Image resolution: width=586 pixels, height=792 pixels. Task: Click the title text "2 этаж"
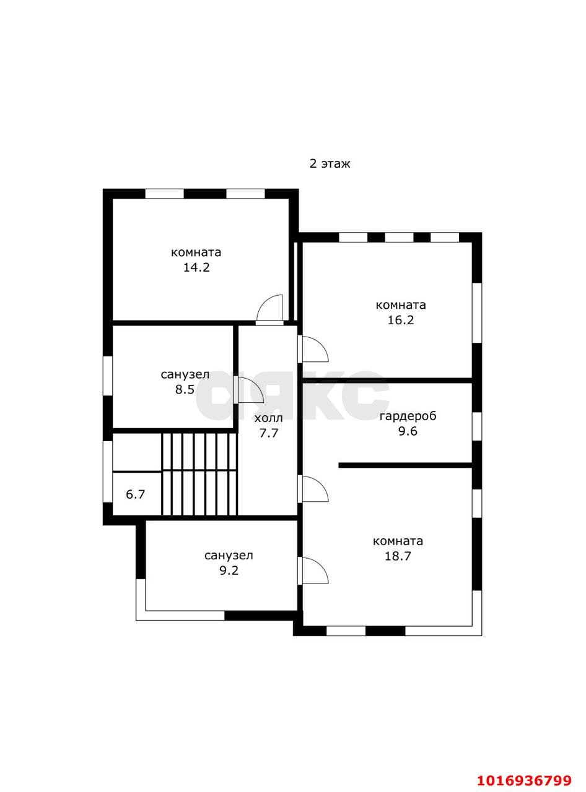tap(330, 164)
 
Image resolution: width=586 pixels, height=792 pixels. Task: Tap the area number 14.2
tap(196, 267)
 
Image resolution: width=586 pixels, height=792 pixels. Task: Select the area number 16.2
tap(400, 320)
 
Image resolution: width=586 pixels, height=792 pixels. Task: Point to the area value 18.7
tap(398, 556)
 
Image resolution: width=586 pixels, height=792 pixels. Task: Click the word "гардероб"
tap(408, 416)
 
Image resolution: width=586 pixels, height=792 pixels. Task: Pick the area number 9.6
tap(408, 431)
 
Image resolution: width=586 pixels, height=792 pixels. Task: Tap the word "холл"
tap(268, 418)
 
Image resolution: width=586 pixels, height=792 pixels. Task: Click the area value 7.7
tap(268, 433)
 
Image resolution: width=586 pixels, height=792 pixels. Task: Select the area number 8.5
tap(185, 389)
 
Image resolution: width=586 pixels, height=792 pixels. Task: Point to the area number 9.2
tap(229, 570)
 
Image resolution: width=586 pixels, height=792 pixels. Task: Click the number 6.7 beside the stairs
tap(136, 494)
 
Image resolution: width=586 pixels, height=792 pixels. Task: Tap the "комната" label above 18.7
tap(398, 541)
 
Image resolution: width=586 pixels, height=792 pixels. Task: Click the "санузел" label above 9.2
tap(229, 556)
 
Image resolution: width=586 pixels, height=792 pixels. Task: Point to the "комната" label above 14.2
tap(196, 252)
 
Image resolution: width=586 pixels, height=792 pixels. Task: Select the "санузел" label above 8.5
tap(185, 374)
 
